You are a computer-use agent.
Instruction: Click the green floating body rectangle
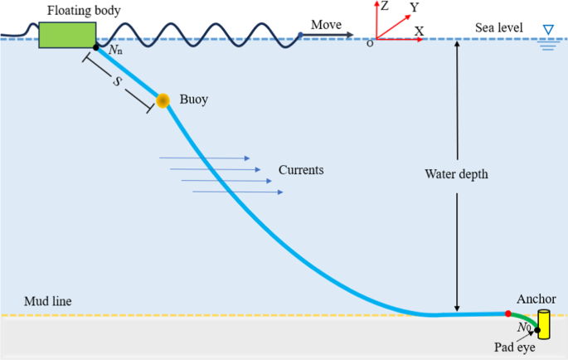[67, 33]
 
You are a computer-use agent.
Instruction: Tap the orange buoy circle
[163, 100]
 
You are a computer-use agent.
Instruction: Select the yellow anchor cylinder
[544, 323]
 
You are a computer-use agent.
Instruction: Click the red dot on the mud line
[507, 314]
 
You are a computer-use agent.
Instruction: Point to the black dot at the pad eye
[538, 332]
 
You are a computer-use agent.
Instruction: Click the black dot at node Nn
[96, 47]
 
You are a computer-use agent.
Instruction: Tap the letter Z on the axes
[384, 6]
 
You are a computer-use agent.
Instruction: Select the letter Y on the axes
[413, 8]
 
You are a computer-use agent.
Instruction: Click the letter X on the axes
[419, 31]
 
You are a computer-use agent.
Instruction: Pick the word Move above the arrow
[327, 25]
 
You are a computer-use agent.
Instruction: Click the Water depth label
[456, 175]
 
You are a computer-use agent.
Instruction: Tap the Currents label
[300, 170]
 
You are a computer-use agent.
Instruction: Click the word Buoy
[194, 100]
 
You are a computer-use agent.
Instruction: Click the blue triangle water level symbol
[547, 31]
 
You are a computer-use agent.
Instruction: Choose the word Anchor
[536, 299]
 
